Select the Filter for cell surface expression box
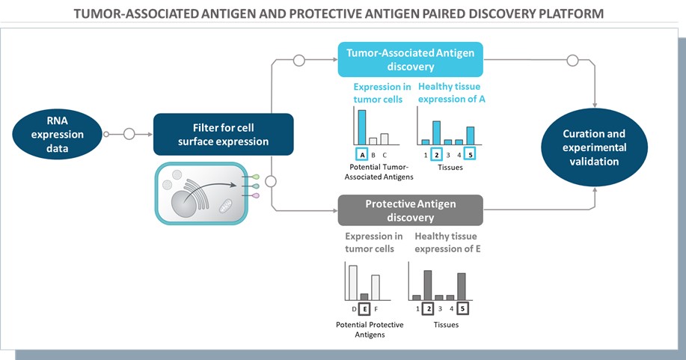click(x=222, y=134)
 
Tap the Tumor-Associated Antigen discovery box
click(x=409, y=59)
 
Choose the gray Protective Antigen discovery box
click(x=409, y=210)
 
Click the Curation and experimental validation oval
click(x=594, y=147)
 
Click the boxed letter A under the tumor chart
click(x=362, y=155)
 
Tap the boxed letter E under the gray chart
click(x=364, y=308)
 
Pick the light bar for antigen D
click(x=353, y=282)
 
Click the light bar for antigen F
click(x=376, y=287)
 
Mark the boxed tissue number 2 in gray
click(x=428, y=308)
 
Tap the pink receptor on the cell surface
click(x=255, y=195)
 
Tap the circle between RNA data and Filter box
click(x=129, y=135)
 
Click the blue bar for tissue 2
click(x=437, y=132)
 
